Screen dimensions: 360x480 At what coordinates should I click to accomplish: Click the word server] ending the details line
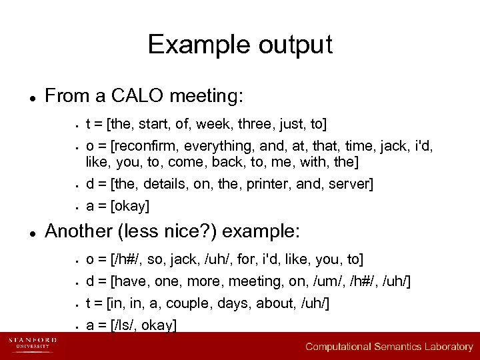pos(352,183)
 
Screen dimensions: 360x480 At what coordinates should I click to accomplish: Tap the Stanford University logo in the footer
pos(33,345)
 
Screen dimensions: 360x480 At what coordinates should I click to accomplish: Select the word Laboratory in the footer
pos(445,347)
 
